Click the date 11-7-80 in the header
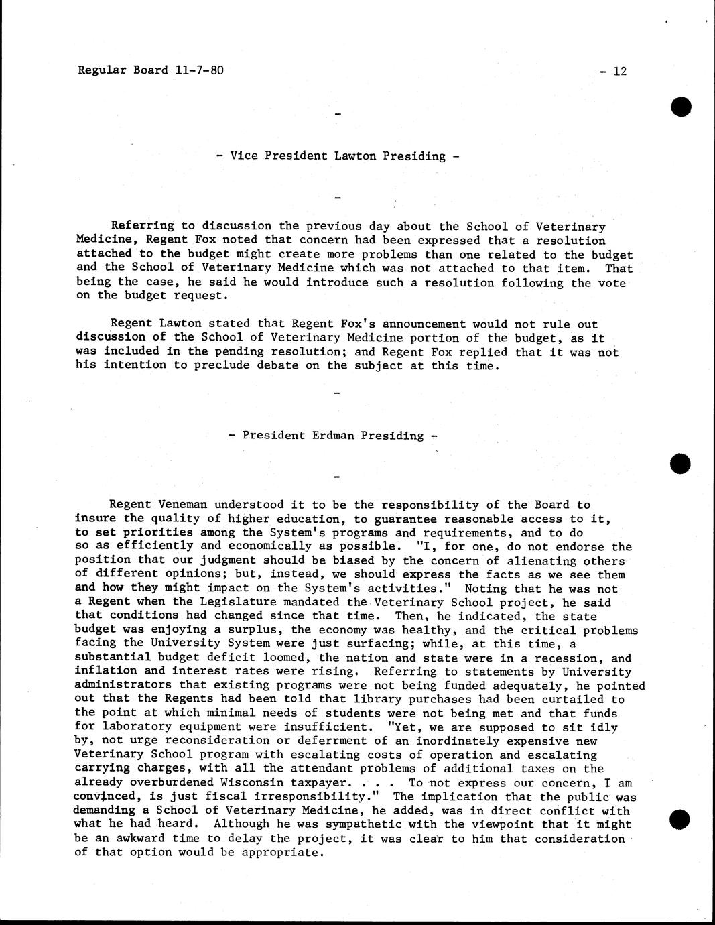pyautogui.click(x=198, y=70)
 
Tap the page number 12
pyautogui.click(x=619, y=71)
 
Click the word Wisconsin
pyautogui.click(x=251, y=783)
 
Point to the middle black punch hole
pyautogui.click(x=681, y=463)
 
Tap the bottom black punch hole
pyautogui.click(x=681, y=819)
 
